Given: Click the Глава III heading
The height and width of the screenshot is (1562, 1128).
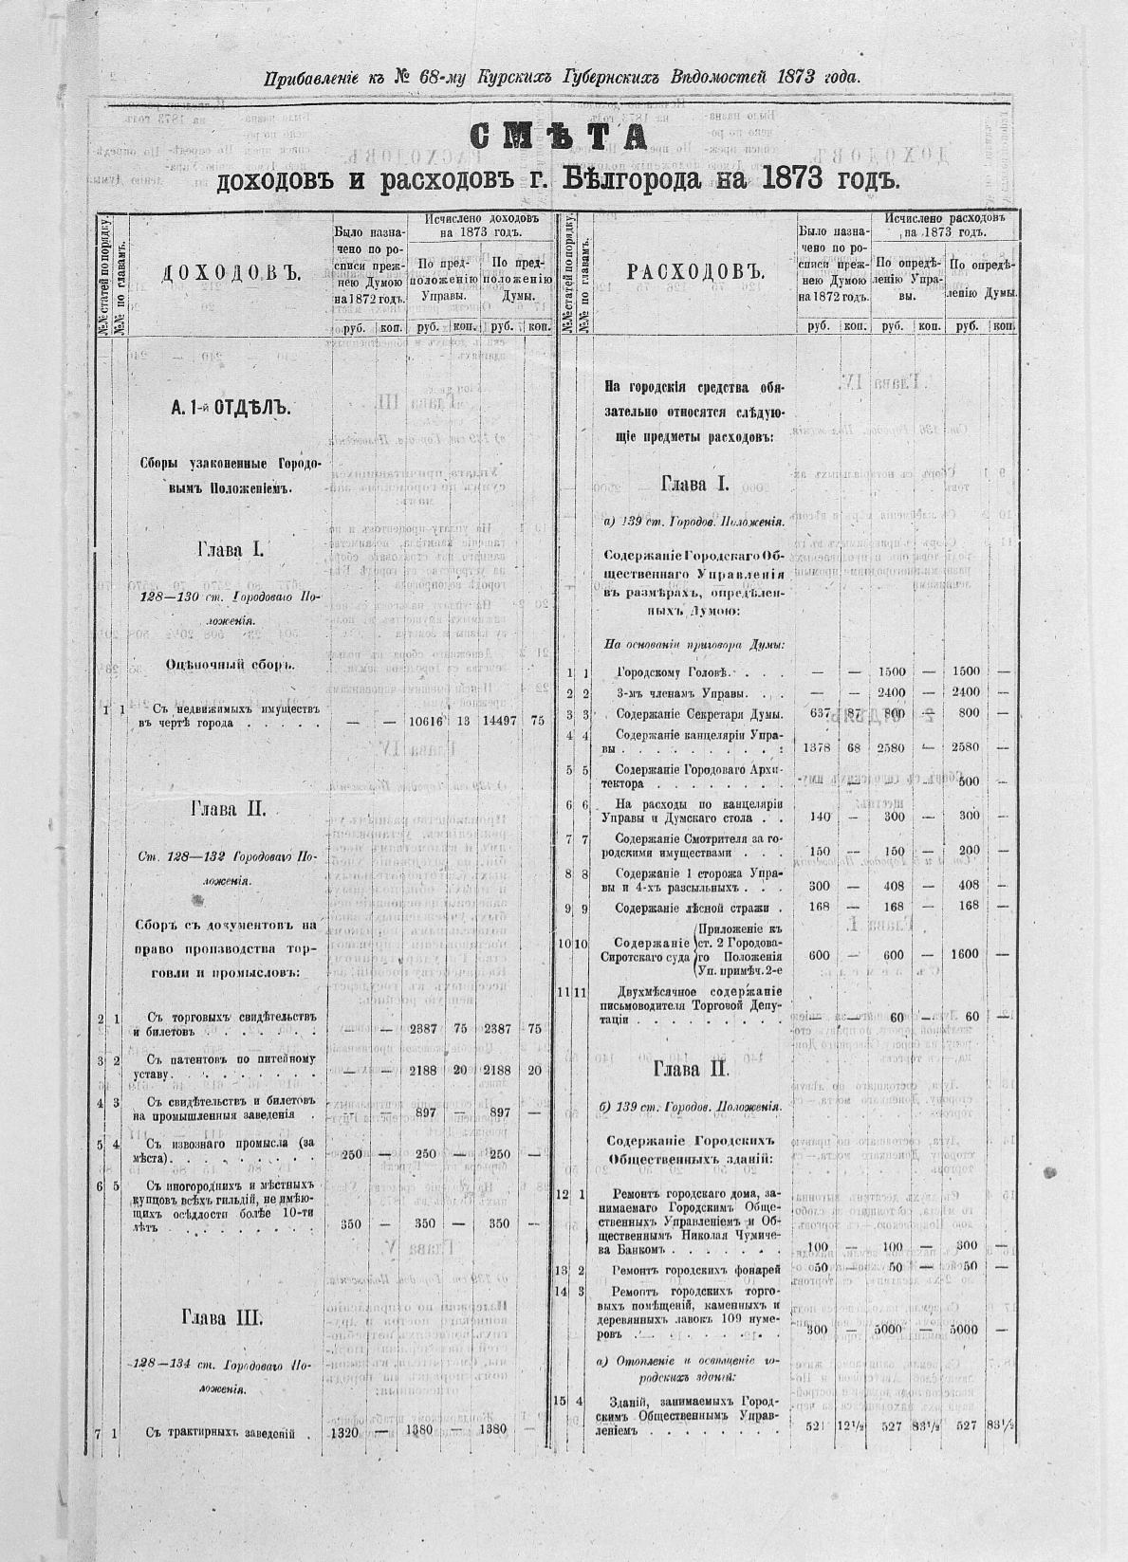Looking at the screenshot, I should (x=228, y=1319).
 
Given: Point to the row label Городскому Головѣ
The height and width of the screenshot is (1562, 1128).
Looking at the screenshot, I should (x=672, y=672).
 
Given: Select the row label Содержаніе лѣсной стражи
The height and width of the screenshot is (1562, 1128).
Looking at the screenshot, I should (x=691, y=908).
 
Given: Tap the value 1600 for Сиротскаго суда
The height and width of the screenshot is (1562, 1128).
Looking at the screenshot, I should (x=967, y=954).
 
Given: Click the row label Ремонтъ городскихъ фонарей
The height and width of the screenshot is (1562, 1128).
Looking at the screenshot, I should (x=696, y=1270).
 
